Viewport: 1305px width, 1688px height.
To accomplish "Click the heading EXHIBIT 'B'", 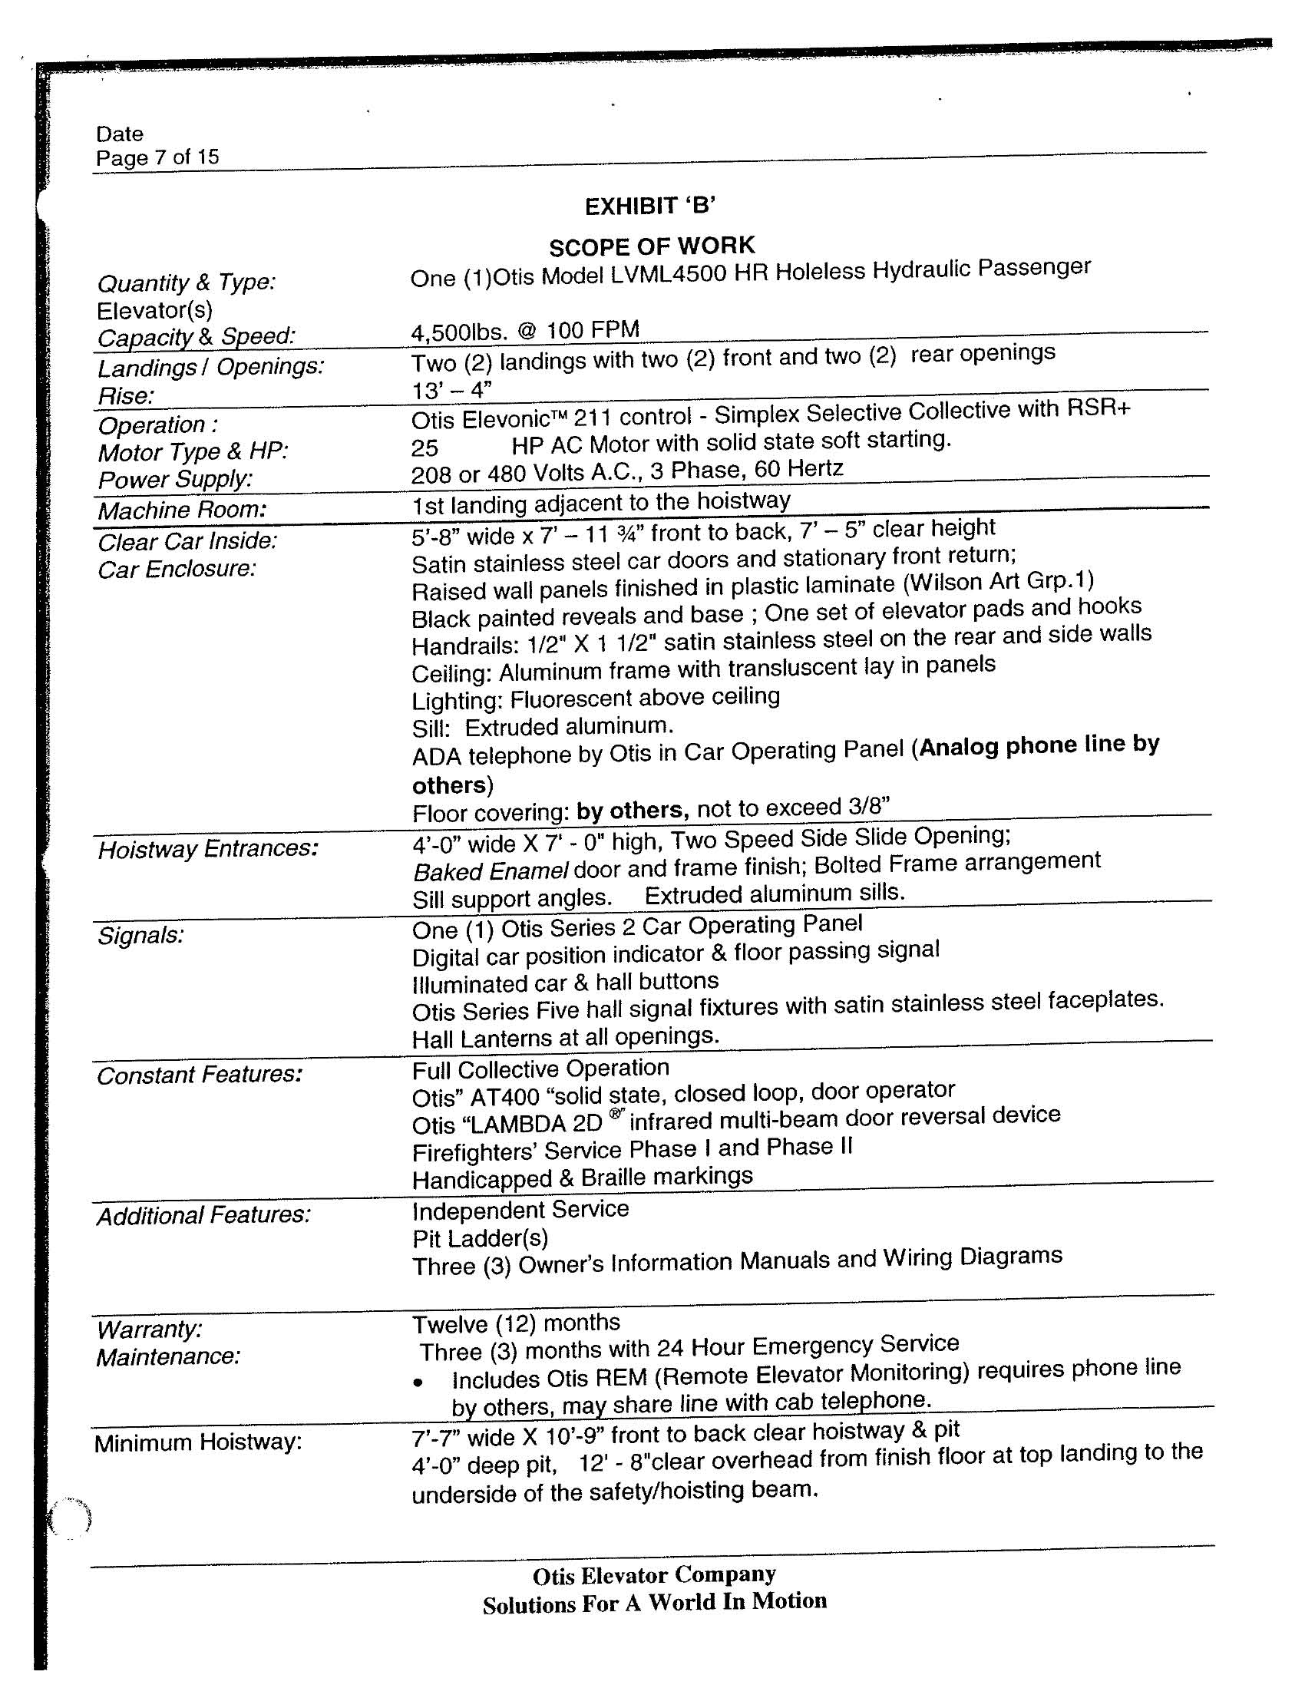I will pos(649,206).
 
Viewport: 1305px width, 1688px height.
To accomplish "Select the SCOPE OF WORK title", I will pos(652,246).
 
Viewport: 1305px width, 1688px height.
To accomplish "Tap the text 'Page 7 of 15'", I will pos(157,157).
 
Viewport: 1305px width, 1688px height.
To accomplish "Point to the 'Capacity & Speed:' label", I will pos(197,337).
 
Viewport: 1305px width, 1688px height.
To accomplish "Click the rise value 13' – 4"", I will pos(452,389).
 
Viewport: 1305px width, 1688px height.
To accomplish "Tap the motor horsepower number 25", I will pos(425,448).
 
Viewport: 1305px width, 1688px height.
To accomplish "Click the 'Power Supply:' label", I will pos(176,480).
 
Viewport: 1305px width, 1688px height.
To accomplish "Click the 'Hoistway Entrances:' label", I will pos(208,850).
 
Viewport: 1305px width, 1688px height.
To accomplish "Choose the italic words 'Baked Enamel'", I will pos(491,871).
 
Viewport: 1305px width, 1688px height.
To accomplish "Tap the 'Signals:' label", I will pos(140,936).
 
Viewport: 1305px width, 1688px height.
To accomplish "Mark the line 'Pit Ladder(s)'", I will pos(480,1238).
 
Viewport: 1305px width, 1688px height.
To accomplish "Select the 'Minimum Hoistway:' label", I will pos(198,1442).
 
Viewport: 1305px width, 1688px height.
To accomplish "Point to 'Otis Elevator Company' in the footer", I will pos(654,1575).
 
